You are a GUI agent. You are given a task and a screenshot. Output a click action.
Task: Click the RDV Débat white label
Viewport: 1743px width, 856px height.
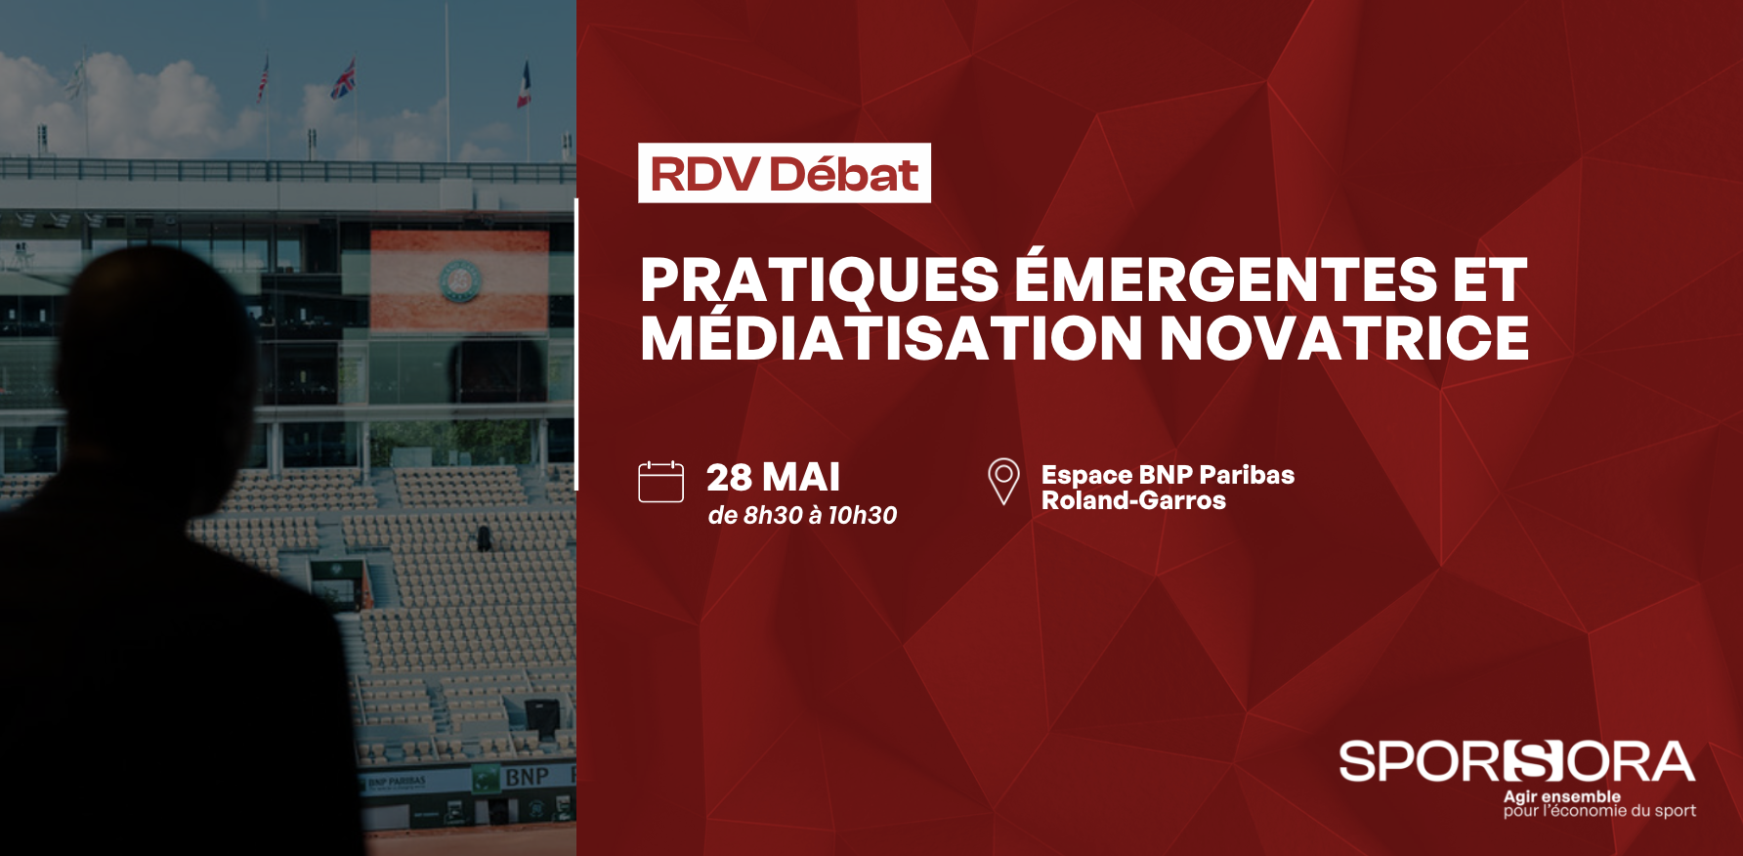785,173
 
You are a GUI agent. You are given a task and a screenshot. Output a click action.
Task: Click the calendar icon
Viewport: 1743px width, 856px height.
660,482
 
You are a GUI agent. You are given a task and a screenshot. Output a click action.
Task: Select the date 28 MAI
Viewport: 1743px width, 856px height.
773,478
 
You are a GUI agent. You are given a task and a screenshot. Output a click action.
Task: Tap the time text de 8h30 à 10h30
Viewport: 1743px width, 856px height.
802,515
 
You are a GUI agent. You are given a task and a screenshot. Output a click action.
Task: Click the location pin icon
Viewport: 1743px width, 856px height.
1003,481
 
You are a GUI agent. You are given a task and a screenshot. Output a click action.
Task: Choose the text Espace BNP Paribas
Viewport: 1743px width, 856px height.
1168,475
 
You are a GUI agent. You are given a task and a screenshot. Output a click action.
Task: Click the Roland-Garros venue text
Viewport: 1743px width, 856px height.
1133,500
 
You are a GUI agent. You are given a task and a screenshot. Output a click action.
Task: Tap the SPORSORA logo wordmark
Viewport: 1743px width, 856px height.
1516,761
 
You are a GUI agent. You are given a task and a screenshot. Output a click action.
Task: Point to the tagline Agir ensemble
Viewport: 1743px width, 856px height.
1561,796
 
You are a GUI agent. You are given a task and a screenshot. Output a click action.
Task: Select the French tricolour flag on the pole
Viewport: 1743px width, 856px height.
525,84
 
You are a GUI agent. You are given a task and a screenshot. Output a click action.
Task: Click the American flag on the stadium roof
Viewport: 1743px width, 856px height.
263,80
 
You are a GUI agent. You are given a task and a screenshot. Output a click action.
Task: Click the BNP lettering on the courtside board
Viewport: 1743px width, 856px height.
527,777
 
